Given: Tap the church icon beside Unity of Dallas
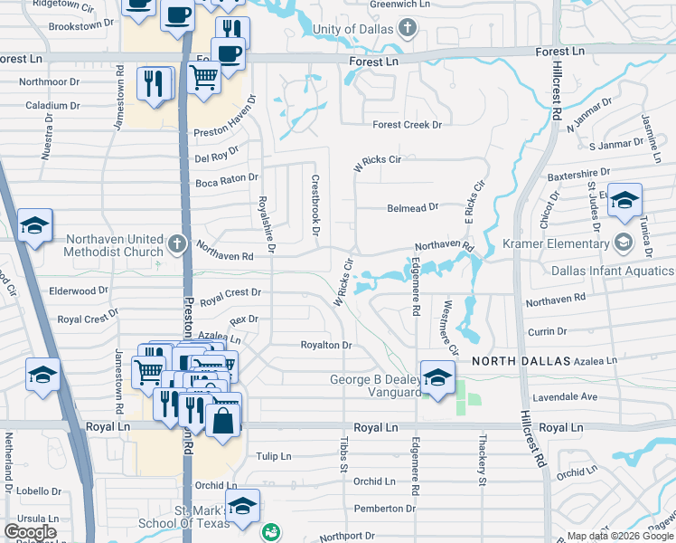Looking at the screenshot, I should click(408, 29).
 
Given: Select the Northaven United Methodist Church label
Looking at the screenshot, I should click(114, 243).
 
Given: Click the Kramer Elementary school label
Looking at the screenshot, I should click(561, 243).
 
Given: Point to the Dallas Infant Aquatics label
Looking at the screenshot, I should click(612, 271).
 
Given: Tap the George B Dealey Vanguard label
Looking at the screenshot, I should click(374, 386).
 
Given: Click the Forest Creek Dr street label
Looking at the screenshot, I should click(407, 125).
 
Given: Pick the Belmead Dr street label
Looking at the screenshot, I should click(412, 206).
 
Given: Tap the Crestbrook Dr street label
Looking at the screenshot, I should click(315, 205).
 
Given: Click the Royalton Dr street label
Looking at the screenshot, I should click(325, 345).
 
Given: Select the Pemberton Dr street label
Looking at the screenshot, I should click(384, 509).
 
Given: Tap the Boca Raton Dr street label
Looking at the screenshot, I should click(227, 181).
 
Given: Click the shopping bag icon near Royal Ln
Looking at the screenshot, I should click(223, 422).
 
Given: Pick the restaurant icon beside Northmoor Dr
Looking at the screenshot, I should click(155, 83).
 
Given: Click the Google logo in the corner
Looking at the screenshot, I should click(30, 532).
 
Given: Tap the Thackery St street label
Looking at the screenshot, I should click(482, 462).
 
